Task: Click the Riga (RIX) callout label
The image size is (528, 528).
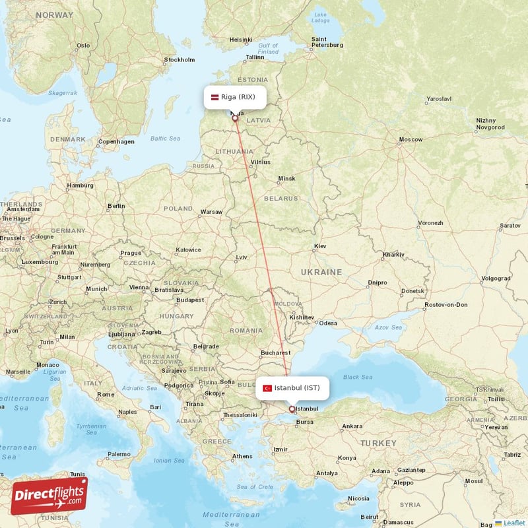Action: (235, 97)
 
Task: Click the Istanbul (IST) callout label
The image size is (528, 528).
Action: (292, 387)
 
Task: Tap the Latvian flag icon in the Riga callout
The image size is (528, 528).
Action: (214, 97)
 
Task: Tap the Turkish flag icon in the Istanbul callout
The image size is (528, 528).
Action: (267, 388)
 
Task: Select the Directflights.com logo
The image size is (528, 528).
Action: (49, 496)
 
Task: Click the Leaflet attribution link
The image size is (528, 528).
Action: (513, 523)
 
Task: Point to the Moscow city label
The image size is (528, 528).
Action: (410, 139)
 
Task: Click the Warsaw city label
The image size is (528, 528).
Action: (211, 212)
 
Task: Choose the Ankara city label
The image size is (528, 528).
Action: (351, 426)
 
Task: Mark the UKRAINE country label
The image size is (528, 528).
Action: (321, 272)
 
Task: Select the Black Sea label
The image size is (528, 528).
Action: (358, 377)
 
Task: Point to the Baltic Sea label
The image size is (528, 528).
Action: (165, 139)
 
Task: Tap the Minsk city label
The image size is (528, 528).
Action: (287, 178)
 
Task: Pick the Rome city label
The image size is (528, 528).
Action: (106, 395)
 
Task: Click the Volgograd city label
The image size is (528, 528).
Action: (496, 278)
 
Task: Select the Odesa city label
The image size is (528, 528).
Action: (328, 323)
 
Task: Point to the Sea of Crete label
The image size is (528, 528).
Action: (255, 486)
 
